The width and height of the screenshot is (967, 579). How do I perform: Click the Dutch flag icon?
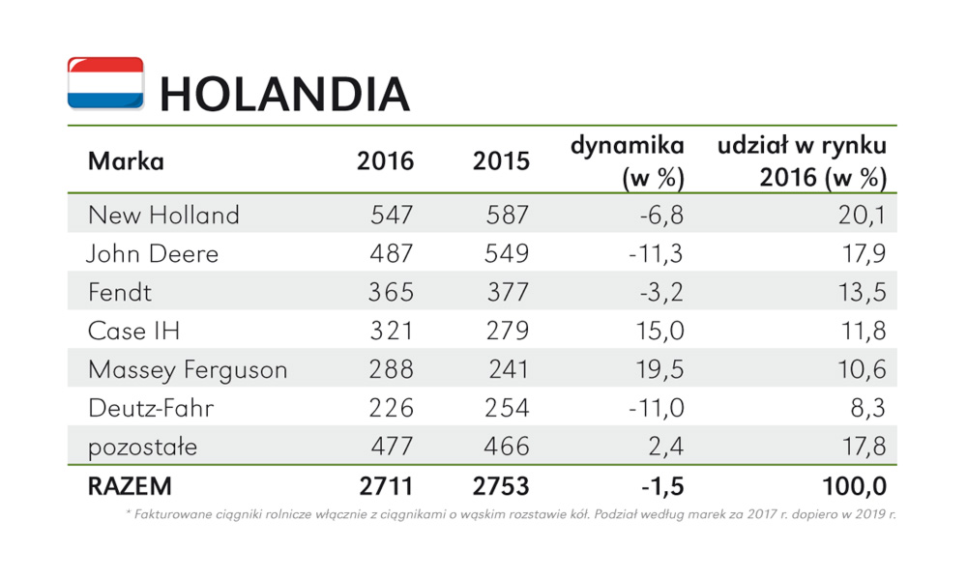pos(105,83)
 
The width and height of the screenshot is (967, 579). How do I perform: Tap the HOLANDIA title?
pos(284,95)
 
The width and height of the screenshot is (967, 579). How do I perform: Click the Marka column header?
pos(126,161)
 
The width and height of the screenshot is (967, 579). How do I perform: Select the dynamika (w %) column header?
pos(628,161)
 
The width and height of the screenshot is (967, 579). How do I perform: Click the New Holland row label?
pos(163,216)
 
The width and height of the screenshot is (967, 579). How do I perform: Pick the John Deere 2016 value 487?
pos(391,253)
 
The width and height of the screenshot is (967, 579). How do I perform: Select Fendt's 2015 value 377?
pos(508,292)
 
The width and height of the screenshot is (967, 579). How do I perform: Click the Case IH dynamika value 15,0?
pos(659,332)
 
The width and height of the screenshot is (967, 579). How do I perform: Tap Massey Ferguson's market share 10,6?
pos(862,370)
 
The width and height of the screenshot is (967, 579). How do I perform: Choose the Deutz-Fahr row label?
pos(151,408)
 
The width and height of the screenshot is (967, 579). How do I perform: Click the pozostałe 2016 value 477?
pos(391,447)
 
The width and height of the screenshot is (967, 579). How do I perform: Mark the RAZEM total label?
pos(130,486)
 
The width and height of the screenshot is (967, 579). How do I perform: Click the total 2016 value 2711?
pos(386,486)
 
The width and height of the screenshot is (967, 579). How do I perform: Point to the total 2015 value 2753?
pos(501,486)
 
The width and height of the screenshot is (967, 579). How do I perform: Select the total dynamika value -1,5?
pos(662,487)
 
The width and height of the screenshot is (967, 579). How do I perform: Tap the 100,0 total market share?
pos(854,487)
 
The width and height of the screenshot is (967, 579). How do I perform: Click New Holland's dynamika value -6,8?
pos(661,216)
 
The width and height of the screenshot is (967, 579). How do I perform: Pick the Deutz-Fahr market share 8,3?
pos(867,409)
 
